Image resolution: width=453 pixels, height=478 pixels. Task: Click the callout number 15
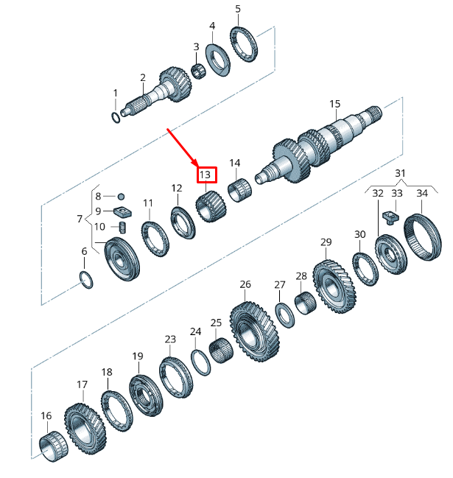(x=335, y=104)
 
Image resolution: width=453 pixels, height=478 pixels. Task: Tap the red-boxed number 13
(x=206, y=175)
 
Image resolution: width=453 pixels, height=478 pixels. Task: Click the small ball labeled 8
(x=122, y=197)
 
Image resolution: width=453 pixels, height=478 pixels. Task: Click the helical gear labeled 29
(x=334, y=283)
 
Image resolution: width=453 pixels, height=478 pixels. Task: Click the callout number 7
(x=80, y=219)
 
